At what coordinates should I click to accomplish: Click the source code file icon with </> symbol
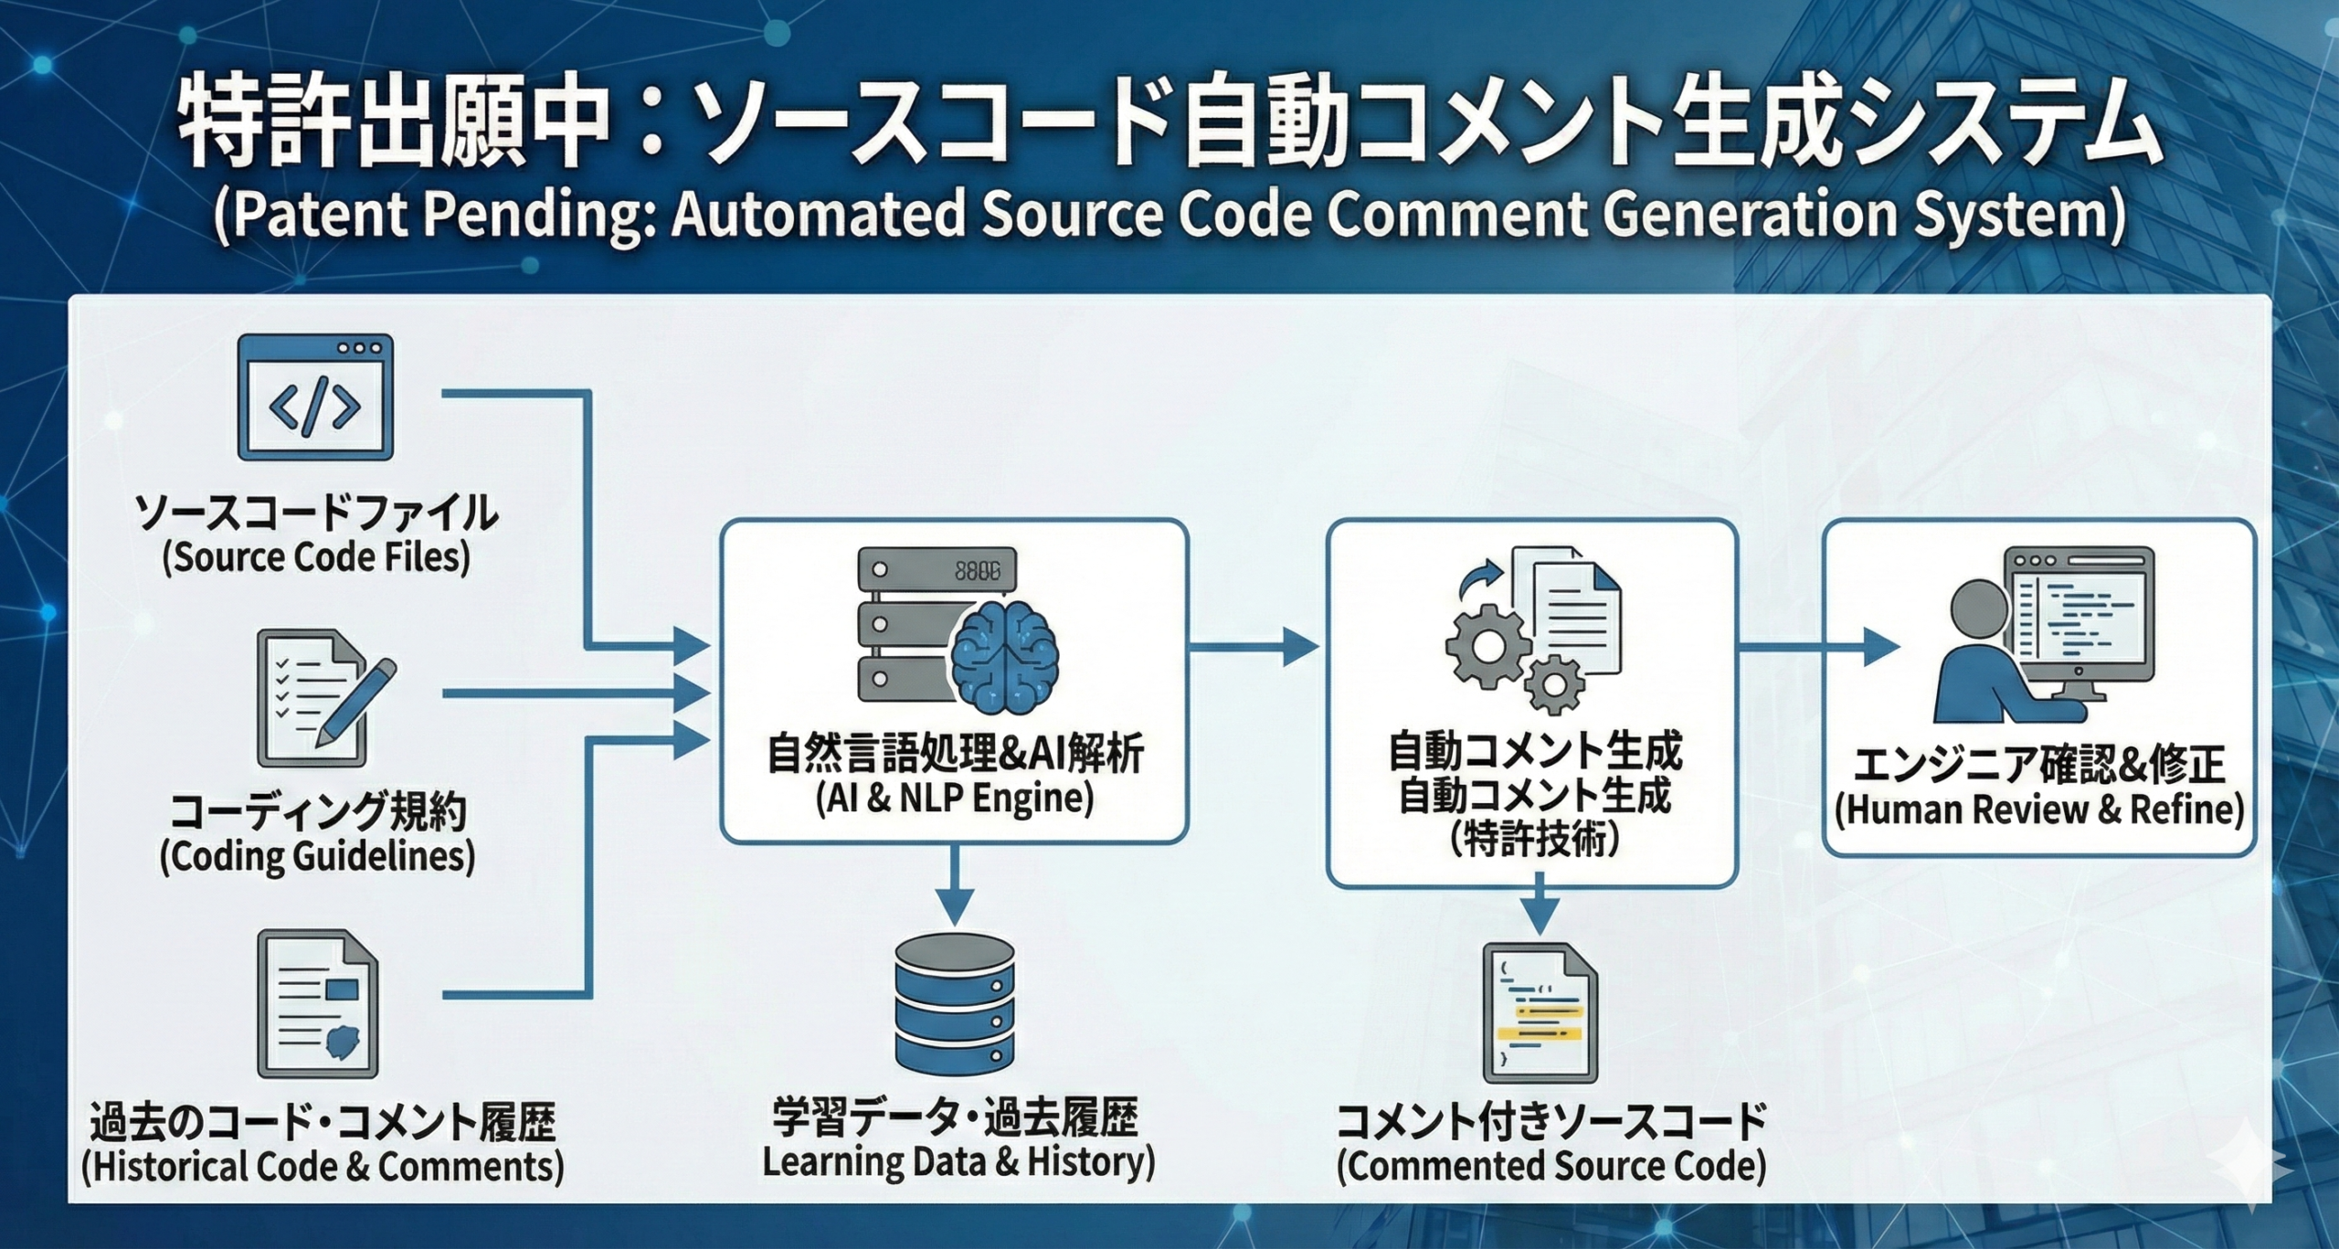(x=315, y=398)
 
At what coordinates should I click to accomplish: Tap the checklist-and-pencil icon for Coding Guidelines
(x=320, y=699)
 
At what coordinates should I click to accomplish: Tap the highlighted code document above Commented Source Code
(x=1540, y=1014)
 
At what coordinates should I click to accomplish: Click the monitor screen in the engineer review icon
(x=2078, y=616)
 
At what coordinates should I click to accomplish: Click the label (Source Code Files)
(x=316, y=557)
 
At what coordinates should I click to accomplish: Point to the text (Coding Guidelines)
(x=317, y=857)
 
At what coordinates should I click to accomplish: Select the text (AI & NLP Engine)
(x=954, y=799)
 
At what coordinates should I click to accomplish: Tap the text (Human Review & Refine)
(x=2039, y=810)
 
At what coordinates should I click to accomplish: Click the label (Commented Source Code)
(x=1551, y=1166)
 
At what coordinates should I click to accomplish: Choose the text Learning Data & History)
(x=958, y=1162)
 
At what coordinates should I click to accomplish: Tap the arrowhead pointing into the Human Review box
(x=1880, y=647)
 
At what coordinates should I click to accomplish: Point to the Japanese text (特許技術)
(x=1535, y=839)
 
